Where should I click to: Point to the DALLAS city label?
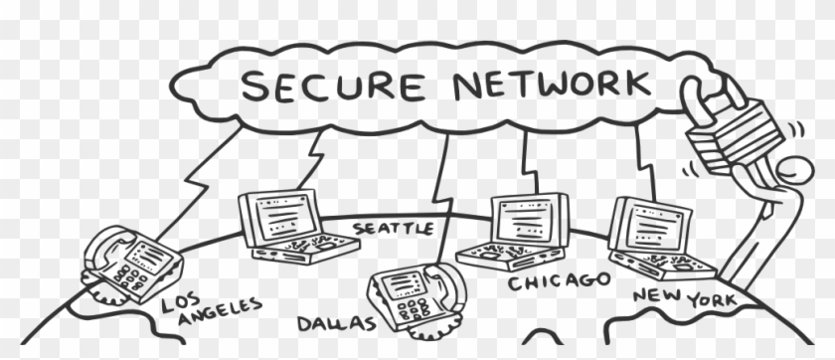[x=337, y=323]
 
